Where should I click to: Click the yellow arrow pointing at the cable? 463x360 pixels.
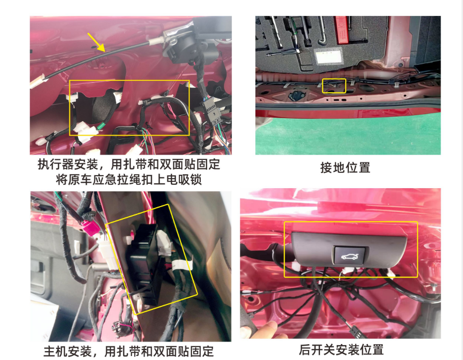pyautogui.click(x=96, y=42)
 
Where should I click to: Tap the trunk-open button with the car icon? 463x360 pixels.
pyautogui.click(x=350, y=255)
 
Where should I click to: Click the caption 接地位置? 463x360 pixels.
pyautogui.click(x=345, y=168)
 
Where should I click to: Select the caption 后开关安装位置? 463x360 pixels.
pyautogui.click(x=341, y=350)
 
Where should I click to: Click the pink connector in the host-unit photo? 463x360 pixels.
pyautogui.click(x=89, y=227)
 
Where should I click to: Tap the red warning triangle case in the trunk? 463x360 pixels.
pyautogui.click(x=341, y=29)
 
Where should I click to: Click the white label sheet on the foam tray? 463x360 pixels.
pyautogui.click(x=329, y=57)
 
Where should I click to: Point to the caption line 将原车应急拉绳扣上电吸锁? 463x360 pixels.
pyautogui.click(x=129, y=179)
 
